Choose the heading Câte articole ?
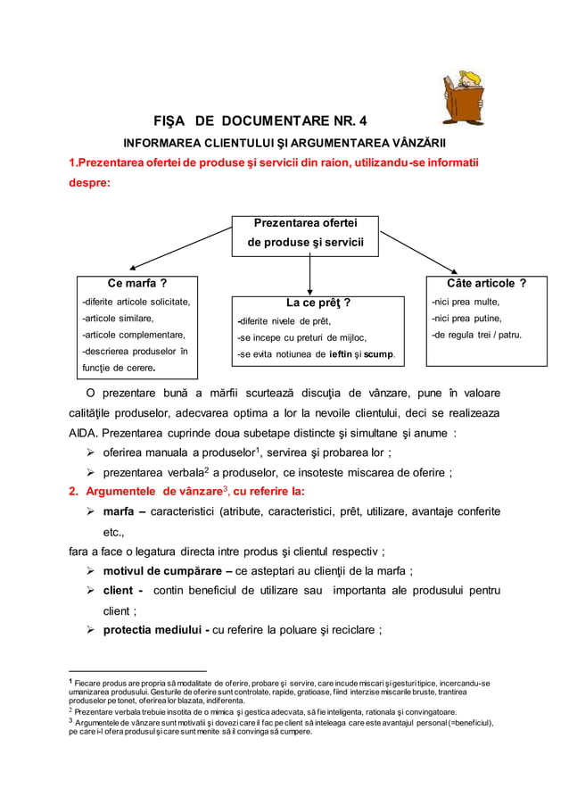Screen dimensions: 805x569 tap(486, 283)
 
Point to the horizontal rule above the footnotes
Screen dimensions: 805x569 tap(137, 670)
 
